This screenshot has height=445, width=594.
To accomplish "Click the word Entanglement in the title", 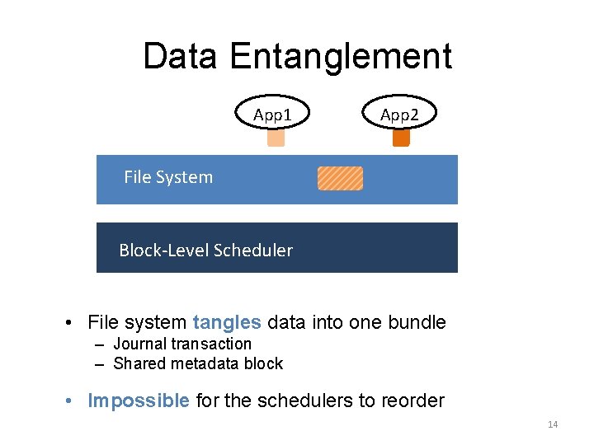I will pos(341,57).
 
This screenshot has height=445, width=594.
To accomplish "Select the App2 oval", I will pos(399,115).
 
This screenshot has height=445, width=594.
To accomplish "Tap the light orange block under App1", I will pos(276,138).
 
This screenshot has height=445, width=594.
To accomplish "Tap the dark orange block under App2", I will pos(401,138).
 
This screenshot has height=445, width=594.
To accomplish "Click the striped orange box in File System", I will pos(340,178).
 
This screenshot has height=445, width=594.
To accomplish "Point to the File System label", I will pos(168,177).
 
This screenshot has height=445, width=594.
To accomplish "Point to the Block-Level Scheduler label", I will pos(205,251).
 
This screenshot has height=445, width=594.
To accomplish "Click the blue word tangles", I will pos(227,322).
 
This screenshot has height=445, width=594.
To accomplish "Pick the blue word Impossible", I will pos(139,401).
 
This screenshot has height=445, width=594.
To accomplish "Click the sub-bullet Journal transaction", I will pos(181,344).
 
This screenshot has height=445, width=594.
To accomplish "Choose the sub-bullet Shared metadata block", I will pos(197,363).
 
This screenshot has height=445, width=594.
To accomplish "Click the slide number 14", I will pos(553,424).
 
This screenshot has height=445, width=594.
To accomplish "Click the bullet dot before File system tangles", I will pos(73,323).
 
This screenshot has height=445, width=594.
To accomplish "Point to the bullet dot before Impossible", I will pos(73,402).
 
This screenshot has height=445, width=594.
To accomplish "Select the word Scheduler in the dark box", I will pos(252,251).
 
